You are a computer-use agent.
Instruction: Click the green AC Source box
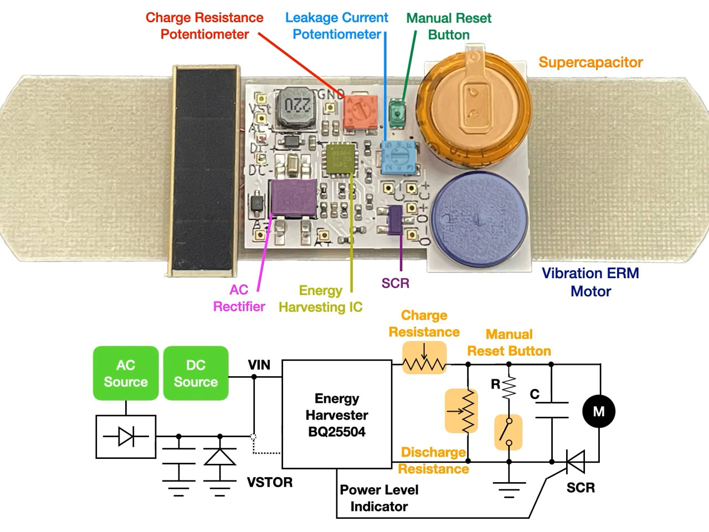click(126, 373)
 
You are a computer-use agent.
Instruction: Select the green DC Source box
click(196, 373)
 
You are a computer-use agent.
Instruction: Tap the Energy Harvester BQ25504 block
click(337, 415)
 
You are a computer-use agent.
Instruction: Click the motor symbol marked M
click(599, 411)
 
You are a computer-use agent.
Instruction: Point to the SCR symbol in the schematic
click(576, 461)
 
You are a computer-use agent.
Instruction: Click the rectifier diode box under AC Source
click(126, 437)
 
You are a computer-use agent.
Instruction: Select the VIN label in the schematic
click(259, 365)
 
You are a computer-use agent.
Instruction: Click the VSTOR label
click(270, 482)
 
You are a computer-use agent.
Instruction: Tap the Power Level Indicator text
click(379, 498)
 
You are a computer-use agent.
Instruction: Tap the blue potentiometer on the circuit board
click(398, 156)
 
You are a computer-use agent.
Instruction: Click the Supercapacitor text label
click(590, 62)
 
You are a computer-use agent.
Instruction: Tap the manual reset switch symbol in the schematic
click(508, 432)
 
